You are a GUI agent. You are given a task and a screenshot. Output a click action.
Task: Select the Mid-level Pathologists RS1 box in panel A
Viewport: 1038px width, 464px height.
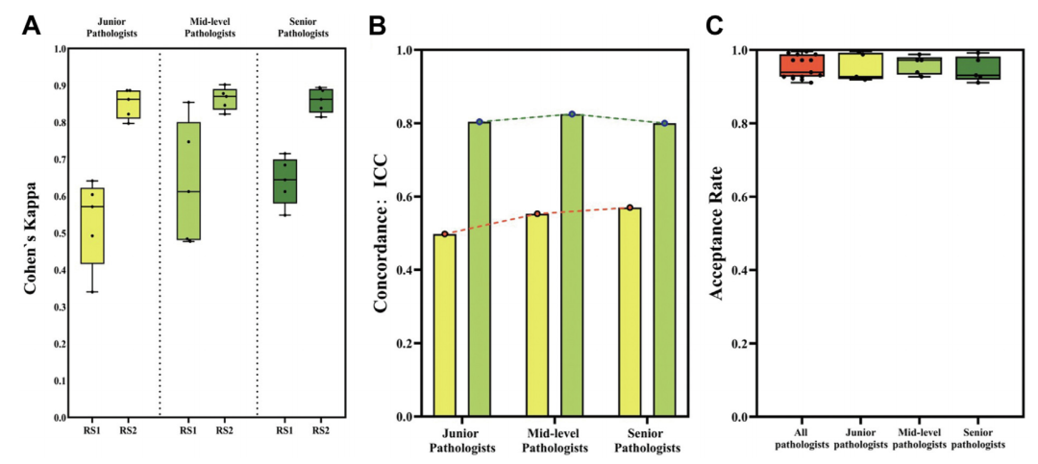coord(188,181)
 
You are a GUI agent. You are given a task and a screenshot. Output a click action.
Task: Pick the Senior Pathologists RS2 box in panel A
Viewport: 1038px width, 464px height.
coord(321,100)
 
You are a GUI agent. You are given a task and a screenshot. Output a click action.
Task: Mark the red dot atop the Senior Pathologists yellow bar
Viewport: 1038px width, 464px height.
coord(630,208)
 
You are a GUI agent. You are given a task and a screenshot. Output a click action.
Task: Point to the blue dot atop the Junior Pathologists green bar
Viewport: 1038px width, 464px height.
coord(479,122)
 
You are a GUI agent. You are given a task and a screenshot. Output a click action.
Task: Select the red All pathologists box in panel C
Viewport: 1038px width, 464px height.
coord(802,64)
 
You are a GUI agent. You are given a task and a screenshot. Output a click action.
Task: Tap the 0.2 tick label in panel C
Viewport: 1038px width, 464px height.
coord(741,344)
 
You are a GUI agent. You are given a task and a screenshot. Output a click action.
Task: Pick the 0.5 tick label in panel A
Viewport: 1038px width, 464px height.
coord(61,233)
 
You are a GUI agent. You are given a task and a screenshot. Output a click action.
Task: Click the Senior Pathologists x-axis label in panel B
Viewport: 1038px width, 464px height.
coord(647,441)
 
